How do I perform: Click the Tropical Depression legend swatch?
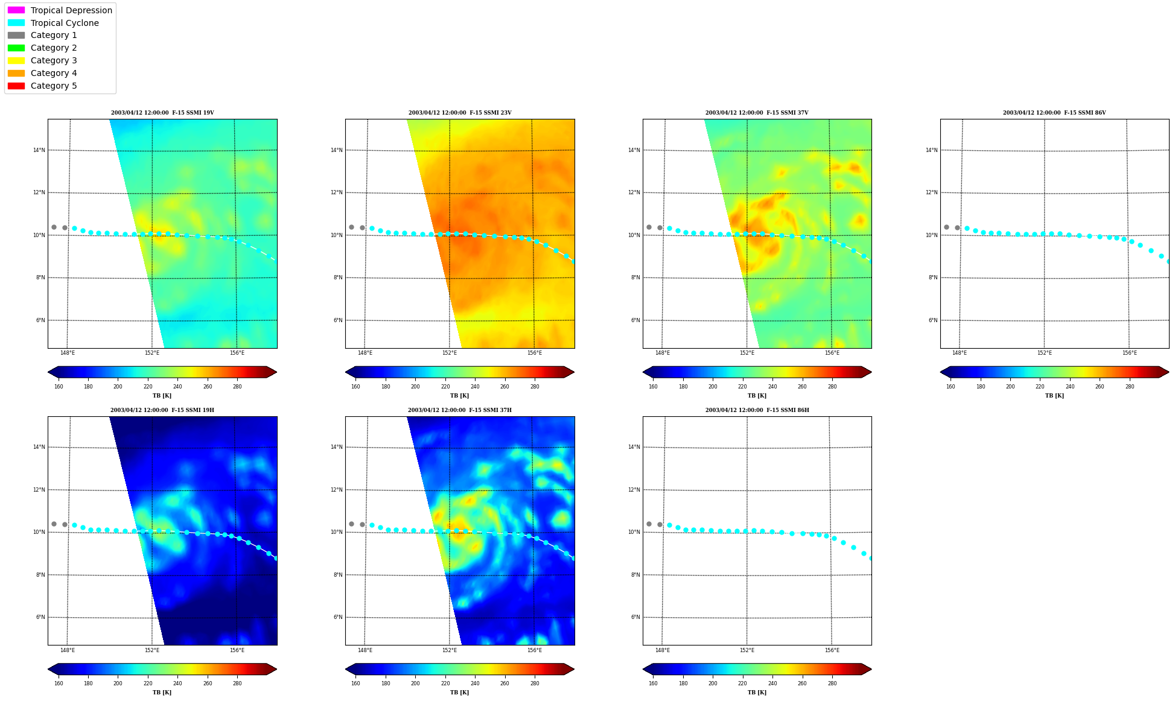coord(16,10)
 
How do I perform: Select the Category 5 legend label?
coord(54,86)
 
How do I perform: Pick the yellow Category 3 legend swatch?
coord(16,60)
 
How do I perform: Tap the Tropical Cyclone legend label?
coord(65,23)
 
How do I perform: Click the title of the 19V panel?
coord(162,113)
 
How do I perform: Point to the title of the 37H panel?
coord(459,410)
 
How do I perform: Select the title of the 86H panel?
coord(757,410)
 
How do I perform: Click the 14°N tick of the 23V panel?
coord(336,150)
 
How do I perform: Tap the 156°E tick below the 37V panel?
coord(832,353)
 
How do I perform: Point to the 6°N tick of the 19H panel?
coord(40,617)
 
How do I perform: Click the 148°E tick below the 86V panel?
coord(960,353)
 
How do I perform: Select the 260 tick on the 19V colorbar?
coord(208,387)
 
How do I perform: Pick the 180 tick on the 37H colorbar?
coord(386,684)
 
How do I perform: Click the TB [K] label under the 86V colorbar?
coord(1054,396)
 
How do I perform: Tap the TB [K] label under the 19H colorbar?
coord(162,693)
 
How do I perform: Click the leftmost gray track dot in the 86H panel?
coord(649,524)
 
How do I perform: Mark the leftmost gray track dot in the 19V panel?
coord(54,227)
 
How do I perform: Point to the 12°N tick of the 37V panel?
coord(634,193)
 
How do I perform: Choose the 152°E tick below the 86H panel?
coord(747,650)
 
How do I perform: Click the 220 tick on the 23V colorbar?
coord(445,387)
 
